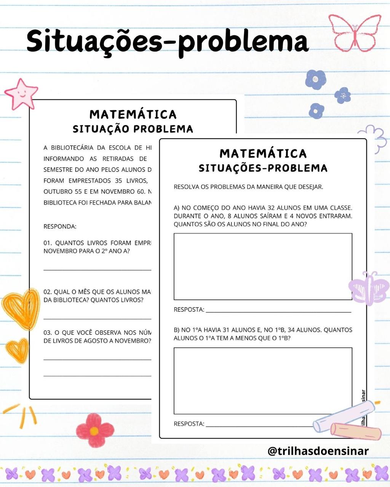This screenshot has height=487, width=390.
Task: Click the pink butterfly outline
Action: pos(355,33)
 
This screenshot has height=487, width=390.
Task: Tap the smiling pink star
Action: pos(21,94)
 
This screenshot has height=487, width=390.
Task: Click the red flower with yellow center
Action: pos(94,430)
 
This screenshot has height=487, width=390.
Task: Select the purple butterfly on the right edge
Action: pos(368,288)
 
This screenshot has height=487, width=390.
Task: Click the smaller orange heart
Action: pos(18,350)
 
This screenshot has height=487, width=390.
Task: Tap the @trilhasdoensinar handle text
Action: pos(318,451)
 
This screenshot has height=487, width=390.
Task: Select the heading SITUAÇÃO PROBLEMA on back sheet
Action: pos(133,129)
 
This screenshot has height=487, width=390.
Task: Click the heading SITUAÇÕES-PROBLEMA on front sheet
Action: pos(263,168)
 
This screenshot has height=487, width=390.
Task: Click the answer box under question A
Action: pos(263,266)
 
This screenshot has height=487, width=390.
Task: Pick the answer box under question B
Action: pos(263,380)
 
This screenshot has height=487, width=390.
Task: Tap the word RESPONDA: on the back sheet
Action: pos(60,226)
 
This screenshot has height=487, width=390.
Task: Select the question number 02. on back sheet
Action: pos(48,292)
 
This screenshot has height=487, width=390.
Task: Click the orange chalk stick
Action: pos(355,431)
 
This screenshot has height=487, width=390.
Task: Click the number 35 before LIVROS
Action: pos(118,180)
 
